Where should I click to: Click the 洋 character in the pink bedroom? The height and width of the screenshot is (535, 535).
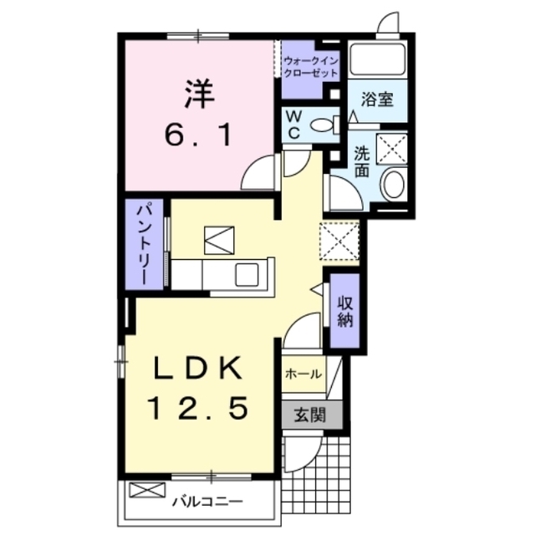200,94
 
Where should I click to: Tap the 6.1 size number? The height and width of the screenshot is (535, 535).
199,135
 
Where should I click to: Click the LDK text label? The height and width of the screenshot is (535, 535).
198,368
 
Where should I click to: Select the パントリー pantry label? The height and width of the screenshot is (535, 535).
145,244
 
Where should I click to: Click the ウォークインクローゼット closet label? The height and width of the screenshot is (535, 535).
310,67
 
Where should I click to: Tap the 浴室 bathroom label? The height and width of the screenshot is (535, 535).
377,99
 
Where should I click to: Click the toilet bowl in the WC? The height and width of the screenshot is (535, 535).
322,125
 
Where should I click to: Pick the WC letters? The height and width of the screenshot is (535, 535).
293,125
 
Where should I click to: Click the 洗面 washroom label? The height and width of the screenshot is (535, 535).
361,161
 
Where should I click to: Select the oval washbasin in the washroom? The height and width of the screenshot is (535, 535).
393,183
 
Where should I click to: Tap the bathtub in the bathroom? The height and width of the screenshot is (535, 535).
377,59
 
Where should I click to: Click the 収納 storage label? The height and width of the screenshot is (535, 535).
345,311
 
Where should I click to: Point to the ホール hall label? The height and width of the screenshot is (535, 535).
303,374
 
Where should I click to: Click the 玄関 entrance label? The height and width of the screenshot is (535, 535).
310,415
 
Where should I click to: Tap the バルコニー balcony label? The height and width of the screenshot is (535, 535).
207,502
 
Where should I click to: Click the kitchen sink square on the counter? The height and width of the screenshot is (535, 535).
247,275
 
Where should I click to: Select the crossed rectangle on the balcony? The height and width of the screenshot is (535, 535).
147,490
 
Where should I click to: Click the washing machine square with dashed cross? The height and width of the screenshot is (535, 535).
392,149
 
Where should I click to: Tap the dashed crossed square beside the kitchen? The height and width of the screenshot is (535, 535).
339,241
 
